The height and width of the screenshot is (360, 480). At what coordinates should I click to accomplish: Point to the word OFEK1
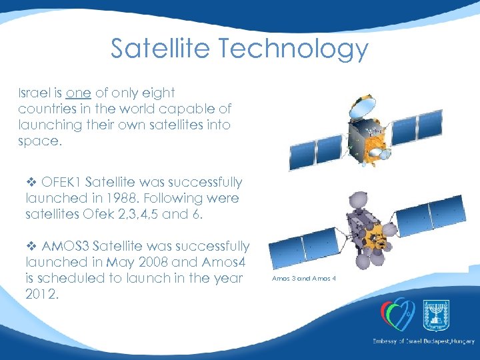61,182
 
